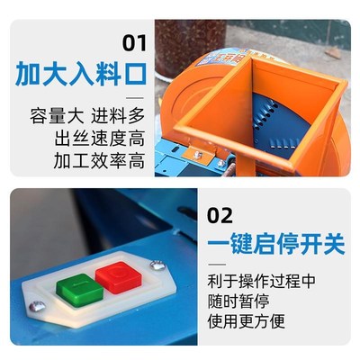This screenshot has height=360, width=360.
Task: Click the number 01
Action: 134,42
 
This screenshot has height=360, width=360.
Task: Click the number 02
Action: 220,215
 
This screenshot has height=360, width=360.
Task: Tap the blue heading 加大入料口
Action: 80,74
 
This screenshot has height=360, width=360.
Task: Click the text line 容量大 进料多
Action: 86,118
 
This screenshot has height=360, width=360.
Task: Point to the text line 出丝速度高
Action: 100,139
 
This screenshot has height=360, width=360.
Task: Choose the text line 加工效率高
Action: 100,161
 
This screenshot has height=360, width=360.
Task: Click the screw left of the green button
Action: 37,306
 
